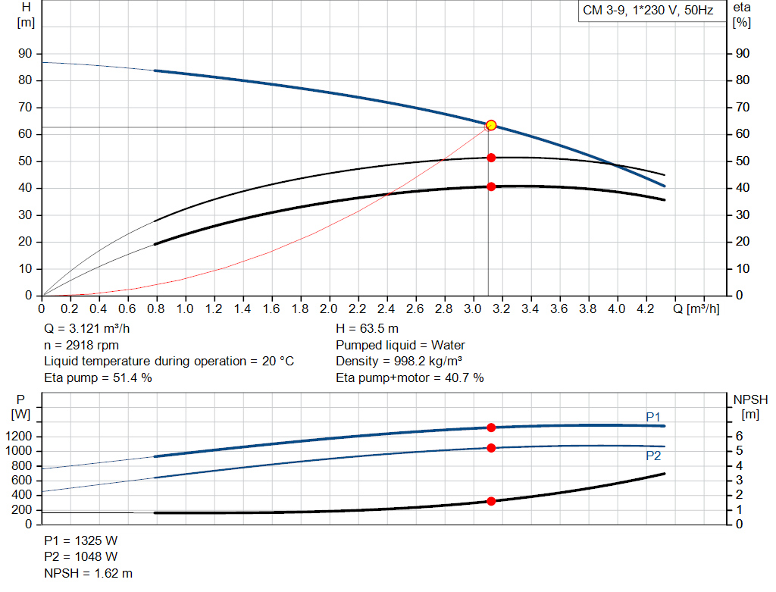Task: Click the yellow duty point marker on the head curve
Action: point(491,125)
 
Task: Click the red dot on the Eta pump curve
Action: point(491,158)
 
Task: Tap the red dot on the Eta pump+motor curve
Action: point(491,186)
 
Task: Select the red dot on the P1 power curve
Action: point(491,428)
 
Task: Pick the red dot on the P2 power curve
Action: point(491,448)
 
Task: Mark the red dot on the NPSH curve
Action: point(491,501)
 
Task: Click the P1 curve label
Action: point(653,417)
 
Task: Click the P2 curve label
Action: point(653,456)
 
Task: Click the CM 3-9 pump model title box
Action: point(649,11)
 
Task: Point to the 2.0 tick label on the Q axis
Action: point(329,309)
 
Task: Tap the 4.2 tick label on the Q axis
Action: point(645,309)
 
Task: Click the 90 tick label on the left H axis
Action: point(27,54)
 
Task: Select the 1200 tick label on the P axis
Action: point(20,437)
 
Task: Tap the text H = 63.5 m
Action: point(368,329)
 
